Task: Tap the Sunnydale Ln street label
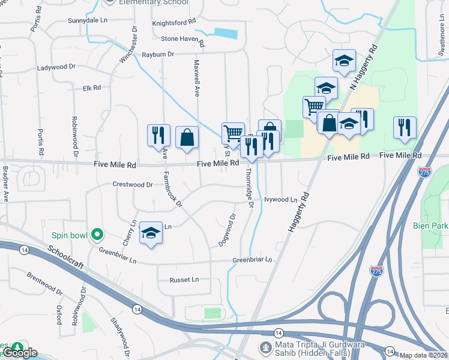88,20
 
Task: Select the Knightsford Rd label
174,21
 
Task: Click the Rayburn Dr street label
158,54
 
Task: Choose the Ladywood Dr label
56,68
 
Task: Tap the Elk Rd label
92,88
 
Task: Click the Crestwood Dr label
133,185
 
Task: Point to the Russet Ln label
184,280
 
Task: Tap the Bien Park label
430,226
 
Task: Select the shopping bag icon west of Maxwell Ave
187,137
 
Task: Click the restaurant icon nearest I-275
405,127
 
